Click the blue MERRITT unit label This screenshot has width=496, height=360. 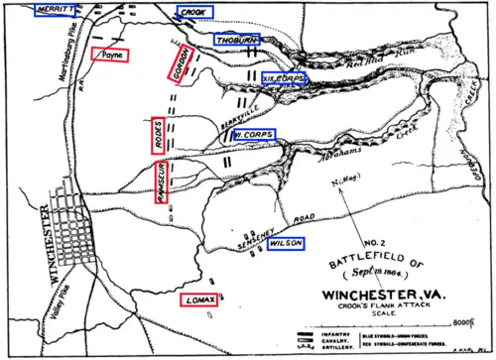[x=27, y=8]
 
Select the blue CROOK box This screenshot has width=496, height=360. [x=192, y=12]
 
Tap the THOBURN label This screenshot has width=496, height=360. [x=235, y=39]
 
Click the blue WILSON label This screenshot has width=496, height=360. [x=284, y=242]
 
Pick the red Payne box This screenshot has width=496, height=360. [x=109, y=56]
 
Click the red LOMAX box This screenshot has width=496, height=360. [x=197, y=299]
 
